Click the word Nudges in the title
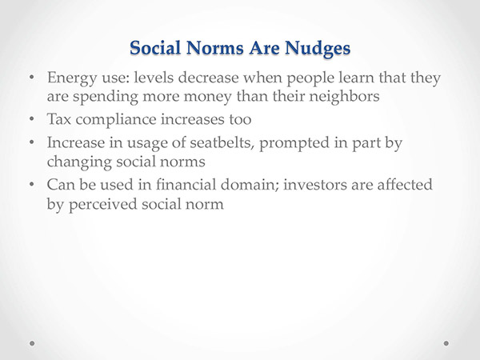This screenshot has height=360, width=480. (x=318, y=49)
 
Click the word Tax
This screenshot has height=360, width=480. (x=59, y=119)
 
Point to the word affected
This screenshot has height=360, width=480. (x=405, y=185)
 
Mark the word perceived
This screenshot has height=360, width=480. (x=102, y=205)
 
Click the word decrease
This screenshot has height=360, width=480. (x=208, y=78)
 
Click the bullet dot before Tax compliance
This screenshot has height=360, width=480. (x=32, y=118)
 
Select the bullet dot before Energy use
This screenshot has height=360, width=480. (x=32, y=77)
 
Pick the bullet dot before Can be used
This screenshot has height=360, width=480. (x=32, y=184)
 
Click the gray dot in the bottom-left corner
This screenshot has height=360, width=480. (x=32, y=343)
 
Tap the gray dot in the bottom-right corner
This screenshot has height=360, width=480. (x=446, y=343)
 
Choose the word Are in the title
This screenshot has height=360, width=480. (x=264, y=48)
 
